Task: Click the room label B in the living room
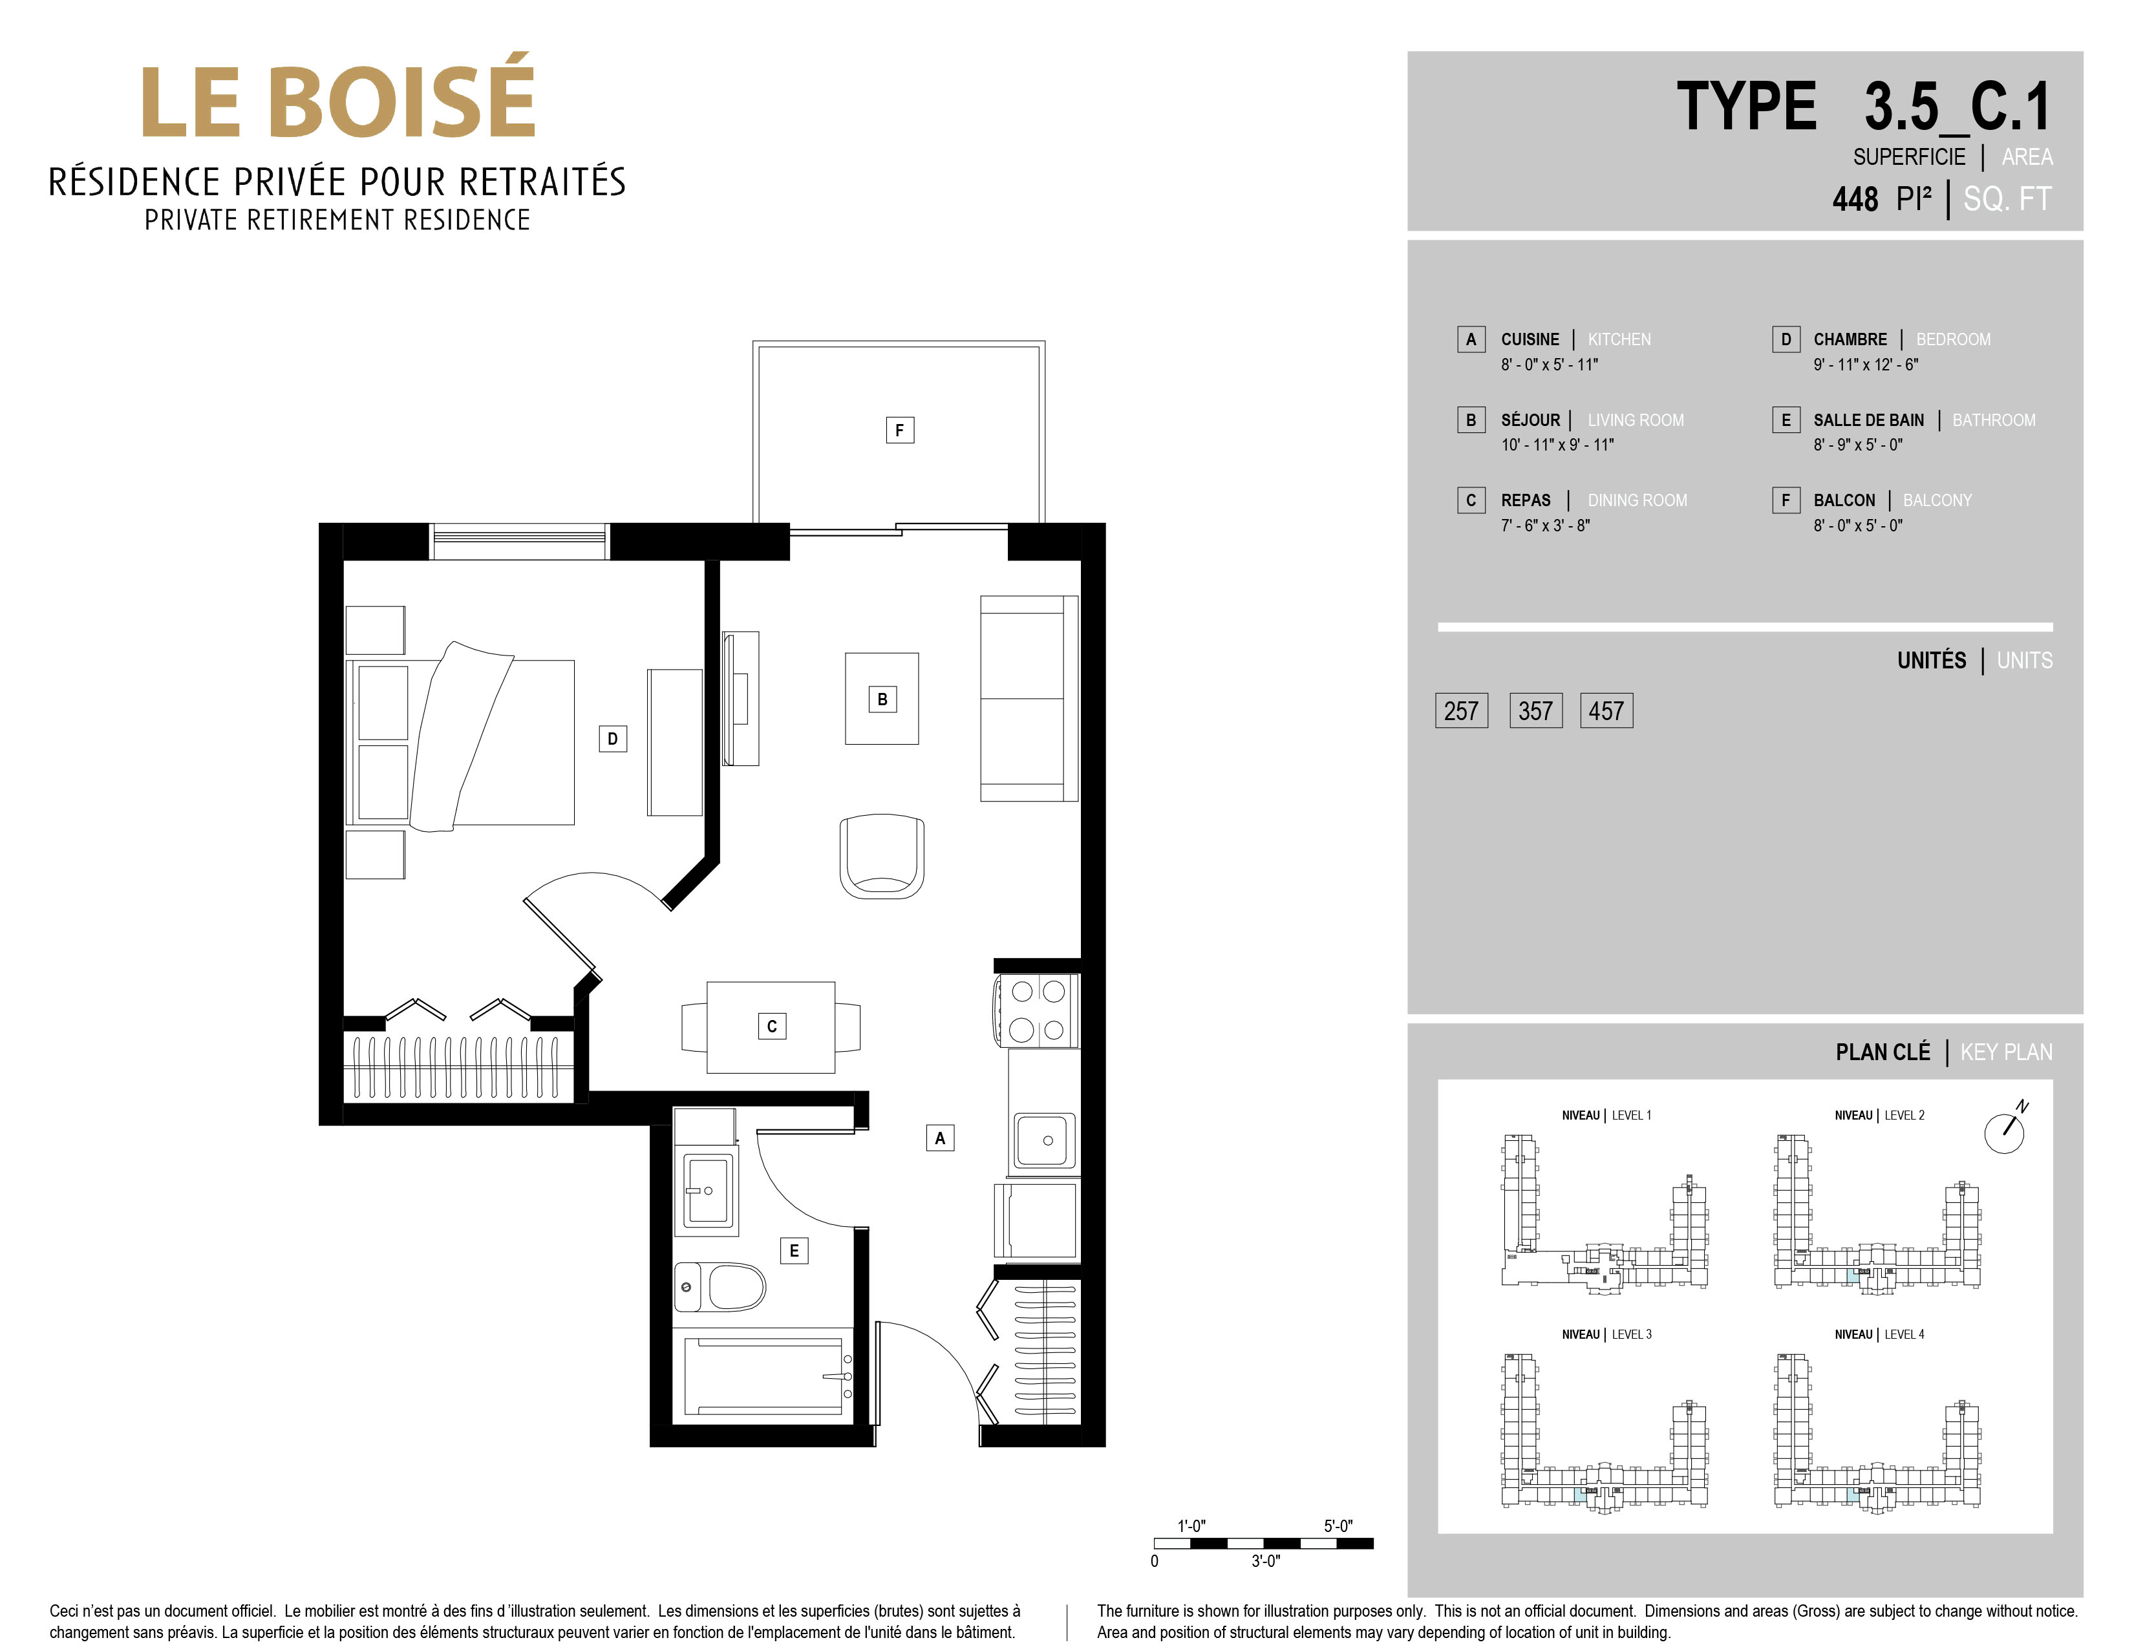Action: tap(882, 699)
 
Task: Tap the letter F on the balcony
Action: tap(900, 430)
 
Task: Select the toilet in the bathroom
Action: tap(720, 1286)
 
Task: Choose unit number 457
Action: tap(1606, 711)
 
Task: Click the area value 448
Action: tap(1855, 199)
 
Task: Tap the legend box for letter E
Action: tap(1786, 420)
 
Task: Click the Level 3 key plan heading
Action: tap(1607, 1334)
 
